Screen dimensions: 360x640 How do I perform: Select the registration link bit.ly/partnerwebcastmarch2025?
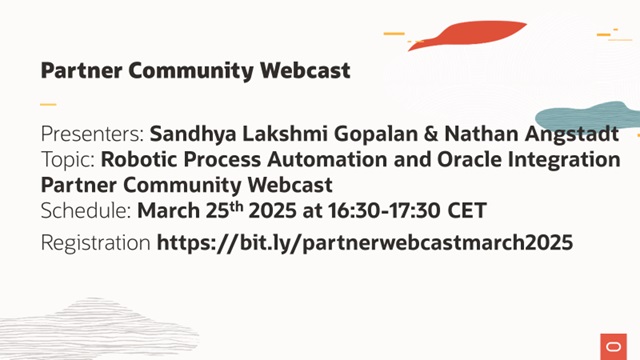[365, 242]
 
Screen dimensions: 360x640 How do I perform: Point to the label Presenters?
[93, 134]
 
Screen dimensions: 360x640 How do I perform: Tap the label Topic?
[69, 159]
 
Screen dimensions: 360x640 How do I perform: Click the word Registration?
[96, 242]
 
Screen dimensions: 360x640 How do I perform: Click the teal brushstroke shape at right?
[589, 116]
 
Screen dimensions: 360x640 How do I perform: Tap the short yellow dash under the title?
[48, 104]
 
